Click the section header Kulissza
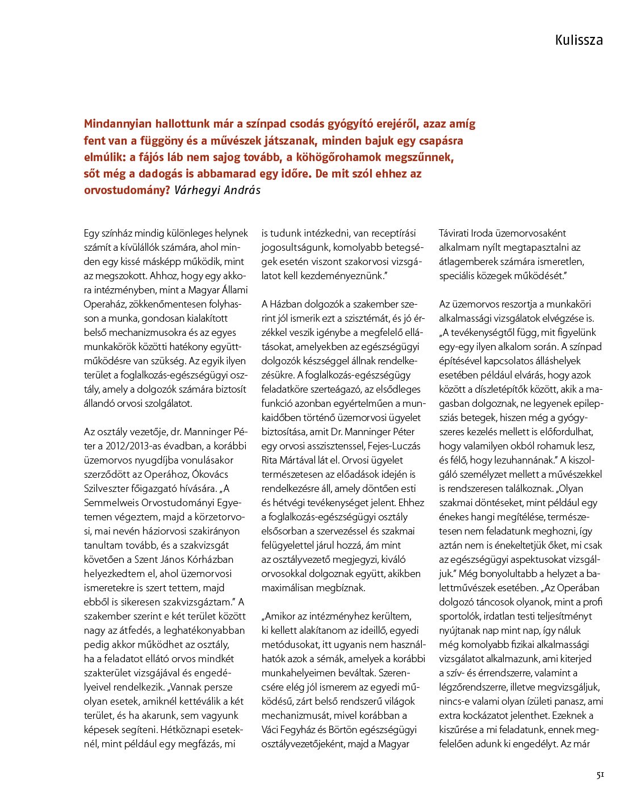pyautogui.click(x=579, y=40)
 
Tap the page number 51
pyautogui.click(x=600, y=775)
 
